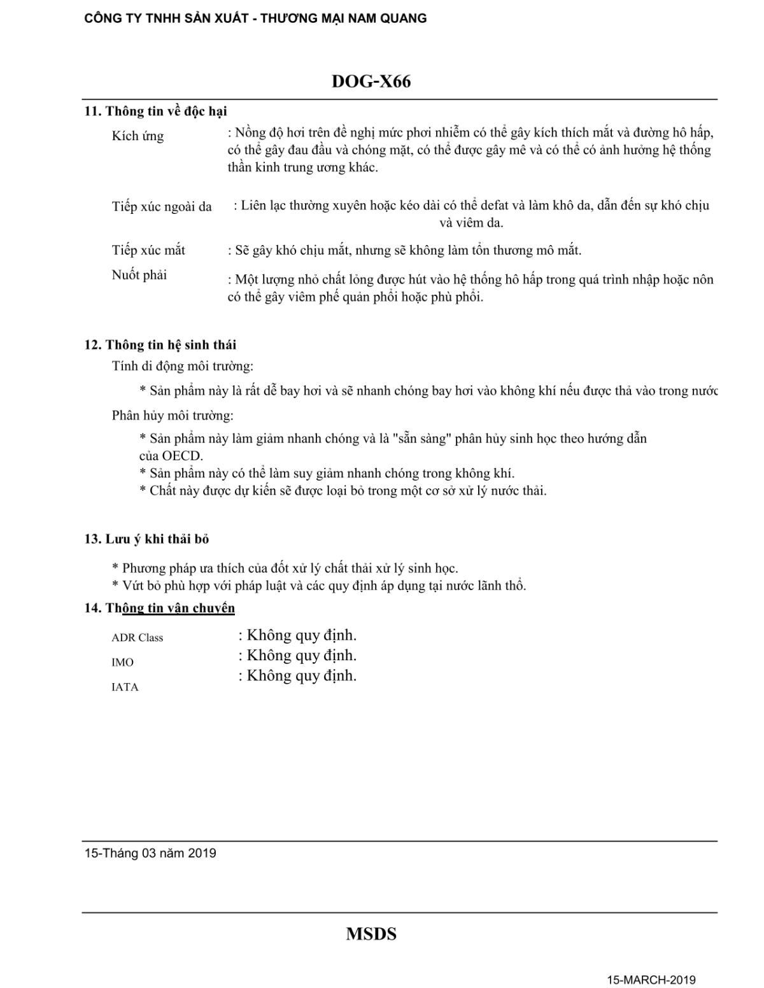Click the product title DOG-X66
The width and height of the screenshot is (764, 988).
[x=371, y=82]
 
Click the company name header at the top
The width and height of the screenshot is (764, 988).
[x=255, y=18]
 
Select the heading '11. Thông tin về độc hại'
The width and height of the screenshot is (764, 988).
[x=156, y=111]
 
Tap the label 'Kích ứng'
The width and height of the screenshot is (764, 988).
[x=138, y=136]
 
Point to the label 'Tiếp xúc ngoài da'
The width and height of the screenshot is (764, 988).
[x=162, y=206]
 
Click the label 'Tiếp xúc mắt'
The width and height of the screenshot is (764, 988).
[x=148, y=250]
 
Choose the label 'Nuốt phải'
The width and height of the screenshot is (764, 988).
[x=139, y=275]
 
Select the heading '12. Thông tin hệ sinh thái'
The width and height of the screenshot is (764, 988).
[x=160, y=345]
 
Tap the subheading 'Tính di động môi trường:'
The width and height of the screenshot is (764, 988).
[x=183, y=366]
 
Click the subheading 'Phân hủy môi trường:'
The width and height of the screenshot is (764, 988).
[x=173, y=416]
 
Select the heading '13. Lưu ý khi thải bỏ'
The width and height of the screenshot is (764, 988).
[x=147, y=539]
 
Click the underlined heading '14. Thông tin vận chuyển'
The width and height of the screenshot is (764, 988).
[x=160, y=608]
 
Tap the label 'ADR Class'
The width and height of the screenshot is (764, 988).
[x=138, y=638]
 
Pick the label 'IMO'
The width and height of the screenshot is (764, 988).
[x=123, y=663]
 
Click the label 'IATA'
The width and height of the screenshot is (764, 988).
[x=125, y=688]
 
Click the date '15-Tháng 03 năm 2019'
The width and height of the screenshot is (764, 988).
[x=150, y=853]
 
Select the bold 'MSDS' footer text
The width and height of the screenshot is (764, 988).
[x=371, y=934]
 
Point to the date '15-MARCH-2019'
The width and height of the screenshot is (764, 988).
[x=651, y=980]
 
